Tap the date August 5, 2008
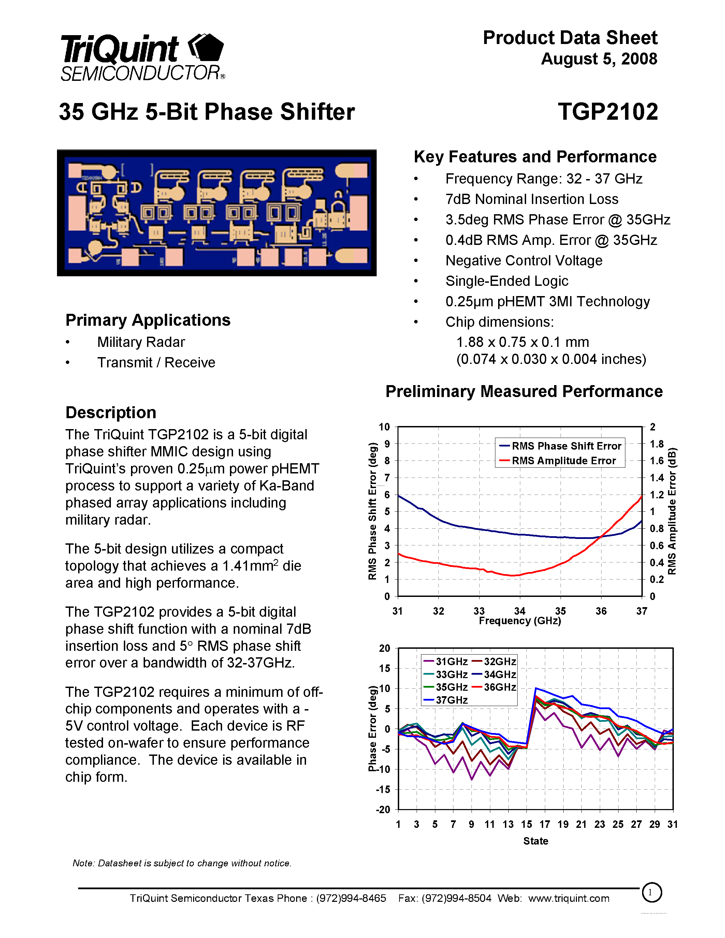point(599,59)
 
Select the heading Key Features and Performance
point(535,157)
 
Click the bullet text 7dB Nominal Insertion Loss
point(532,199)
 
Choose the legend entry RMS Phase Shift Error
point(566,446)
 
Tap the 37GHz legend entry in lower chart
point(451,700)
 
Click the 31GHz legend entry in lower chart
point(451,661)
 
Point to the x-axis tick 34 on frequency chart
point(520,611)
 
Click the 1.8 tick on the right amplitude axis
point(656,444)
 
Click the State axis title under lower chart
point(536,841)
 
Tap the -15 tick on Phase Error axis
point(383,789)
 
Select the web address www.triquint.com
point(569,898)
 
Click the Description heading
point(111,412)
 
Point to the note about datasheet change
point(182,863)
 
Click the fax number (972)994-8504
point(456,898)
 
